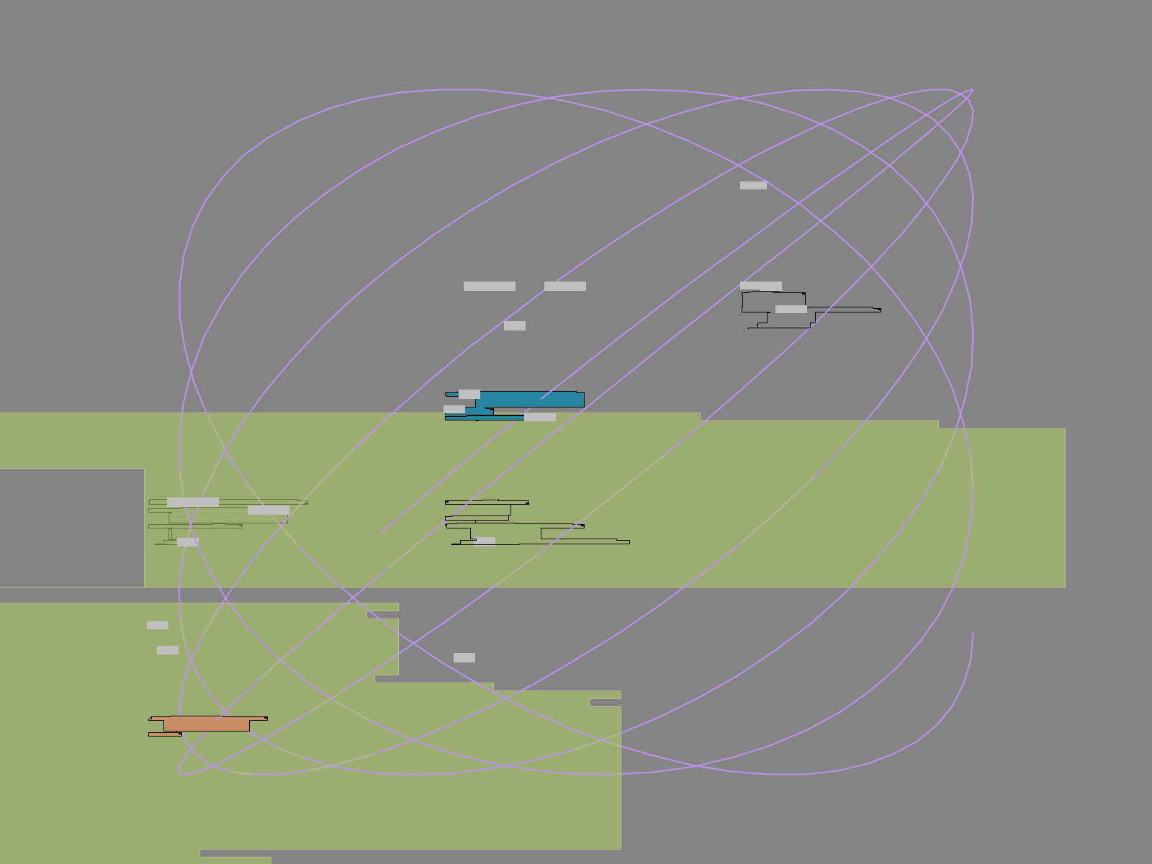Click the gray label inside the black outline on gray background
[791, 310]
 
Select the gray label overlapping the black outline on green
[485, 541]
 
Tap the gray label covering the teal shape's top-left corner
[469, 394]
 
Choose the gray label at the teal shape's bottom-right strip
[540, 417]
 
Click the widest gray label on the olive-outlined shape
[193, 502]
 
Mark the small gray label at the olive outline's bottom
[188, 541]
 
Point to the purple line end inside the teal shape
[542, 398]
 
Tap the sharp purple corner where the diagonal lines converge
[972, 91]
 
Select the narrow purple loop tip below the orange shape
[181, 772]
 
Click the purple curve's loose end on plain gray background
[973, 634]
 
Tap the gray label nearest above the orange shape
[168, 650]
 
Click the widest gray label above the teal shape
[490, 286]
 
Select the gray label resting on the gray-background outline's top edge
[761, 286]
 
